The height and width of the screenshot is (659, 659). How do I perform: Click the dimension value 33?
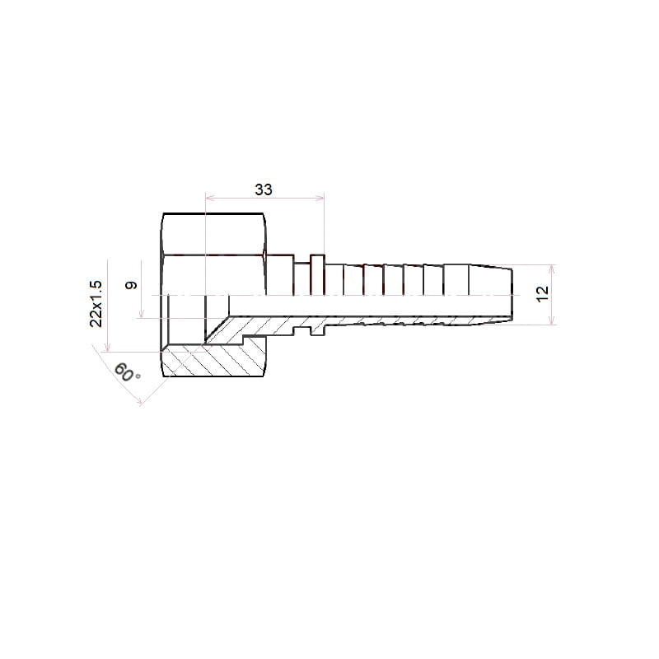(x=264, y=189)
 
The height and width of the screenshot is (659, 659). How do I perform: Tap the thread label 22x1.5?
(x=96, y=303)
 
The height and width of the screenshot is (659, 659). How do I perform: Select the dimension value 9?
(x=131, y=285)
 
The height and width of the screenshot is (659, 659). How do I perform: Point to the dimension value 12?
(x=543, y=293)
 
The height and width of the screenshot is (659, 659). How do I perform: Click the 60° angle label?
(x=127, y=372)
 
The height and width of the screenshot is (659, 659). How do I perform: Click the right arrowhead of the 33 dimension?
(x=320, y=198)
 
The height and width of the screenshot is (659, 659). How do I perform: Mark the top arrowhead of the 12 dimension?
(x=552, y=269)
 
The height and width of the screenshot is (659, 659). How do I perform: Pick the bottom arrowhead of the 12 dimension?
(x=552, y=320)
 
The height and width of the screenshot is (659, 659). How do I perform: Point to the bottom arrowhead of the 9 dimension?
(x=142, y=313)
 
